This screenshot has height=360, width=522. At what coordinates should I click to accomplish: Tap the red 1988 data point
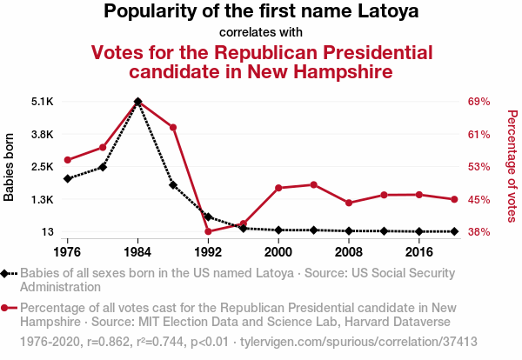(x=173, y=128)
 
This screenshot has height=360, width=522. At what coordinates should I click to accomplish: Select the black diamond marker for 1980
(x=103, y=166)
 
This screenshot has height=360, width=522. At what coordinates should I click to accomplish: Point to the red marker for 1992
(x=208, y=231)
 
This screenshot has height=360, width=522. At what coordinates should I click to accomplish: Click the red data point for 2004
(x=313, y=184)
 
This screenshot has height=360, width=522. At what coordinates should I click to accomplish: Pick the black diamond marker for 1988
(x=173, y=184)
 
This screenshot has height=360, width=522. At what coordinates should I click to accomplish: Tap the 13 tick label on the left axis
(x=47, y=232)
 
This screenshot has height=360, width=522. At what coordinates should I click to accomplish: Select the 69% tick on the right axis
(x=480, y=102)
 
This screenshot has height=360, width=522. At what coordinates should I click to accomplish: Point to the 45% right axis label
(x=480, y=200)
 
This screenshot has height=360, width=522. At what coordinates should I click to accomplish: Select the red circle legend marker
(x=8, y=307)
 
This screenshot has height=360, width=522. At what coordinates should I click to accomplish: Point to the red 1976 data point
(x=67, y=160)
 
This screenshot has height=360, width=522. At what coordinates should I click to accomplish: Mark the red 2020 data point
(x=454, y=199)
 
